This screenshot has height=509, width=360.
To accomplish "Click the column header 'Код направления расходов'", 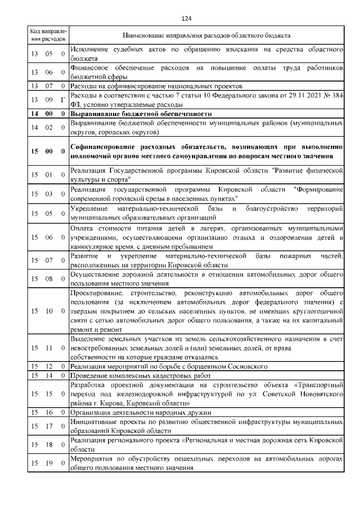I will click(48, 35).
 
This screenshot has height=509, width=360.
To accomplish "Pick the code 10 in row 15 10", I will click(49, 310).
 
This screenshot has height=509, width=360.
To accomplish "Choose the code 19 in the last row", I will click(49, 463).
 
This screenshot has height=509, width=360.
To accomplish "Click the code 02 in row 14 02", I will click(49, 128).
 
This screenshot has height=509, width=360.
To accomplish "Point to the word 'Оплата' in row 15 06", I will click(82, 228).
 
